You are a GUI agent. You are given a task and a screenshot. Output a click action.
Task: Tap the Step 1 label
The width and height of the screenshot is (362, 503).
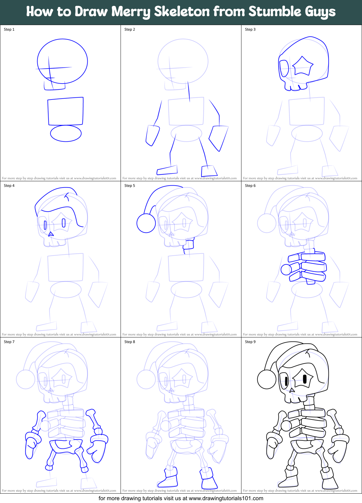tap(9, 29)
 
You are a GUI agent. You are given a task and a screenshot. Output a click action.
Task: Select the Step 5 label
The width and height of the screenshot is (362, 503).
tap(130, 186)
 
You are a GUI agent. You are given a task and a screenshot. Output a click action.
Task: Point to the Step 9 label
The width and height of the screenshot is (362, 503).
tap(250, 342)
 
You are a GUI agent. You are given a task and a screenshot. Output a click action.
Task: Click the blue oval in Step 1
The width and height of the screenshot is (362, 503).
tap(66, 133)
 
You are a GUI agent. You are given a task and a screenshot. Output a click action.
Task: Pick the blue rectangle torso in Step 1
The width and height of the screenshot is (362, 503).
tap(65, 111)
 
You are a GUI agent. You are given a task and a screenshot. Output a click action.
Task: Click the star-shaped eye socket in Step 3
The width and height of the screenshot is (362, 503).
tap(302, 66)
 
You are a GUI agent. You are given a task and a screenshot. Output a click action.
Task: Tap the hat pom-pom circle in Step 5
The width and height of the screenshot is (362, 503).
tap(146, 223)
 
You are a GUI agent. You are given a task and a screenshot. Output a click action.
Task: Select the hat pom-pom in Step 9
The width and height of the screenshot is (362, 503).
tap(267, 379)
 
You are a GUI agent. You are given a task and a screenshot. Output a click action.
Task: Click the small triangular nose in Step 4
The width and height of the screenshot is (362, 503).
tap(51, 234)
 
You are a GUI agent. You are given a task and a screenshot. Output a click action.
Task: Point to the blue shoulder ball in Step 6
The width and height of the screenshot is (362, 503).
tap(286, 269)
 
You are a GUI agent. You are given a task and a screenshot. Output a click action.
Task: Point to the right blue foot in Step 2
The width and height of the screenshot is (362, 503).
tap(209, 171)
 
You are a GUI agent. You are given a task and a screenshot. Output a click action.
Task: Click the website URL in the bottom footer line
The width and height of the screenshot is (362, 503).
tap(226, 498)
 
